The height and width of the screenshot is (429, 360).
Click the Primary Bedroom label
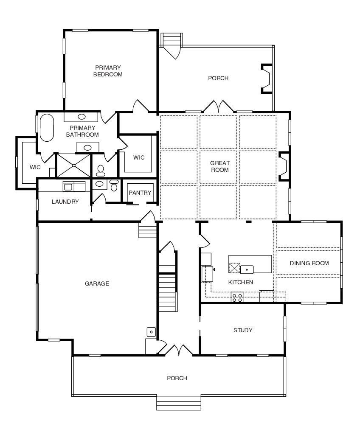pyautogui.click(x=108, y=71)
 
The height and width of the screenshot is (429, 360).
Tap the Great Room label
pyautogui.click(x=220, y=166)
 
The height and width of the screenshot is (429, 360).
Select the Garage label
pyautogui.click(x=97, y=283)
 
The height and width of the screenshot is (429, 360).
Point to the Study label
pyautogui.click(x=243, y=330)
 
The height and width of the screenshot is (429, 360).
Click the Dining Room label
pyautogui.click(x=309, y=263)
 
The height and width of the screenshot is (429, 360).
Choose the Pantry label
pyautogui.click(x=140, y=193)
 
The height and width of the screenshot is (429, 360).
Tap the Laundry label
pyautogui.click(x=65, y=202)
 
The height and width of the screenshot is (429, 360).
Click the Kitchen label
pyautogui.click(x=241, y=282)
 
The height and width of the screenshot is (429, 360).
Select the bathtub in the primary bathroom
pyautogui.click(x=47, y=128)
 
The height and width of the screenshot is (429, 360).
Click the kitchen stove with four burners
pyautogui.click(x=237, y=297)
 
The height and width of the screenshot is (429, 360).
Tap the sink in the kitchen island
pyautogui.click(x=247, y=269)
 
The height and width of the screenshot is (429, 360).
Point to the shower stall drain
pyautogui.click(x=73, y=165)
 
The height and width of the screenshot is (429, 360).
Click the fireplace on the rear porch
pyautogui.click(x=266, y=79)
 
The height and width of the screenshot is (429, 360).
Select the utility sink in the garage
pyautogui.click(x=152, y=332)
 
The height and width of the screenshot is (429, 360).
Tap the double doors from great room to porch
pyautogui.click(x=218, y=107)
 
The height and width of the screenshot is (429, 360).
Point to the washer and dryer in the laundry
pyautogui.click(x=74, y=186)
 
